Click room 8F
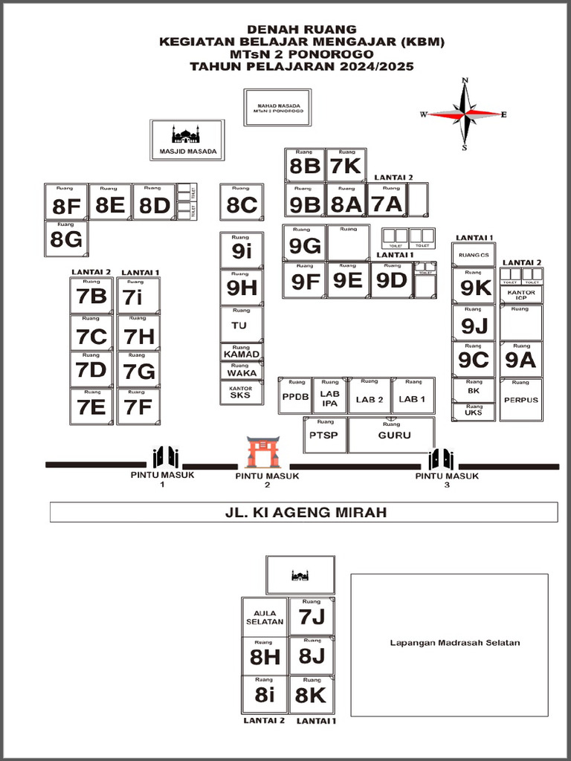[x=66, y=202]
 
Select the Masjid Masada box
[x=187, y=140]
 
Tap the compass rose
[x=465, y=114]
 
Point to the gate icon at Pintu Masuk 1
[x=166, y=458]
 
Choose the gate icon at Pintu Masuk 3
[x=441, y=459]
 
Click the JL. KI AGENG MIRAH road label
[x=305, y=512]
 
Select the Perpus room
[x=520, y=400]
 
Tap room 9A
[x=520, y=360]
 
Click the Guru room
[x=393, y=435]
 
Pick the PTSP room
[x=324, y=435]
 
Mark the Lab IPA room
[x=329, y=398]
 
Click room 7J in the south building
[x=312, y=616]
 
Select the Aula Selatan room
[x=265, y=617]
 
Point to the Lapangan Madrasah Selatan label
[x=454, y=643]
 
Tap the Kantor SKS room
[x=241, y=392]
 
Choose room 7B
[x=91, y=296]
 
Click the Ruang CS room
[x=474, y=255]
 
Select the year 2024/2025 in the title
[x=375, y=66]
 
